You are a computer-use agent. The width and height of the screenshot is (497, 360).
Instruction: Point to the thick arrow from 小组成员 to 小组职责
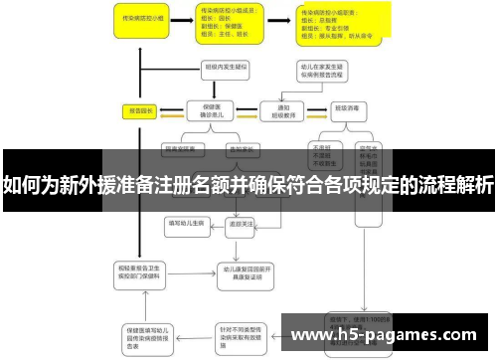[x=277, y=20]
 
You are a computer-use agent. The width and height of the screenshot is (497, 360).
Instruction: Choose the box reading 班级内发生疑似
[x=225, y=69]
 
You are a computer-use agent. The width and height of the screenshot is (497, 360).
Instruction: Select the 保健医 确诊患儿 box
[x=211, y=110]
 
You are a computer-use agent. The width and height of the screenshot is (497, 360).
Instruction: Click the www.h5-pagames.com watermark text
[x=385, y=336]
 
